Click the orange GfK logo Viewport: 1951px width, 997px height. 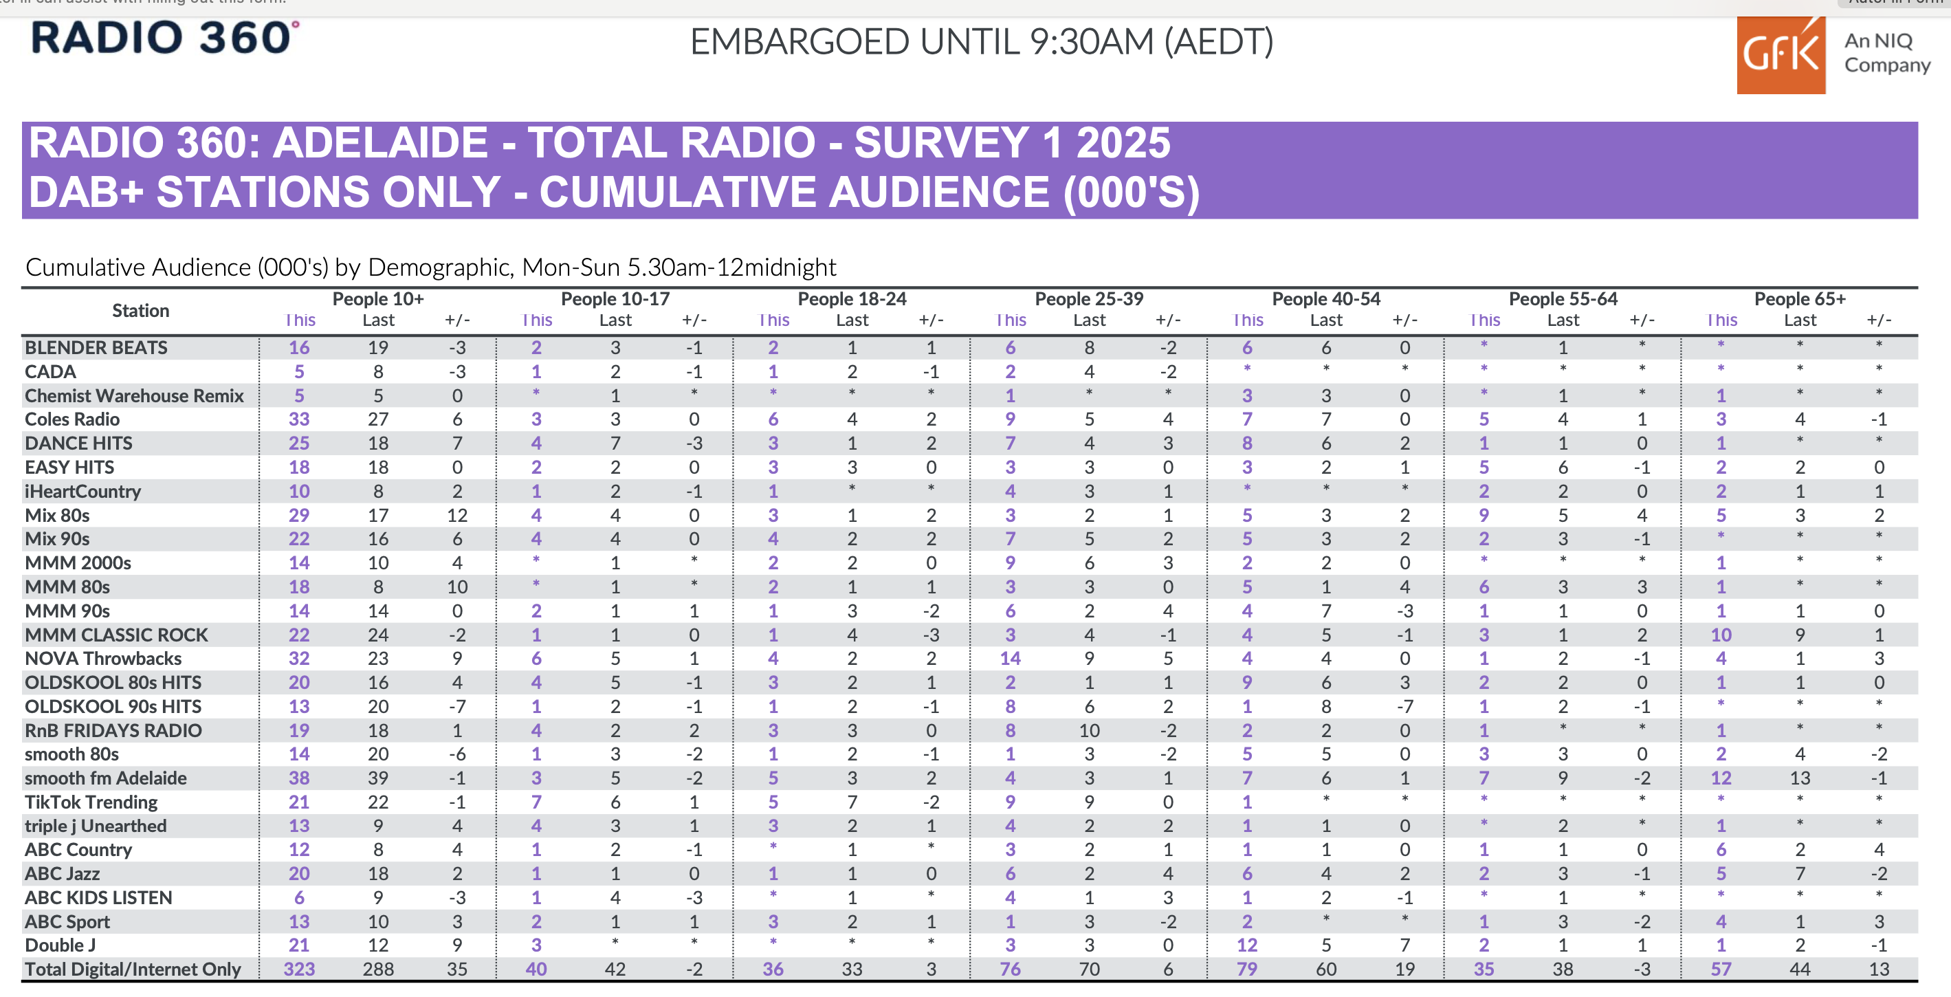(x=1780, y=55)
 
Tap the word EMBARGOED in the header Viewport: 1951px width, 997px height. (x=799, y=43)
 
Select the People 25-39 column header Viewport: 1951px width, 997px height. (x=1088, y=299)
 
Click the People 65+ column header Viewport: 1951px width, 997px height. (x=1800, y=299)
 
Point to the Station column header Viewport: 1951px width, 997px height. (x=140, y=311)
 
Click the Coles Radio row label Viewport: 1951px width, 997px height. (x=72, y=419)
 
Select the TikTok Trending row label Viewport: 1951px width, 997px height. (x=91, y=802)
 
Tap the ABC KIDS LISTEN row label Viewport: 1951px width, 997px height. (x=98, y=898)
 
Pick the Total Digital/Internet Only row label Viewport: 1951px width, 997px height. (x=133, y=969)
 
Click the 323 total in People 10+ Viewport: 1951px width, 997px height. (x=299, y=969)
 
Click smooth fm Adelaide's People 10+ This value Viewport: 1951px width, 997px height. (x=299, y=778)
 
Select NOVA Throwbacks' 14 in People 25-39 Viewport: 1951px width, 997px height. (x=1011, y=658)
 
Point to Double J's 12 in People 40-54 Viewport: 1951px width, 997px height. (x=1246, y=945)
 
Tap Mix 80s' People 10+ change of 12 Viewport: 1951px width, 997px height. (x=456, y=515)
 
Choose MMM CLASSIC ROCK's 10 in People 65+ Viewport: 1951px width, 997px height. (x=1721, y=635)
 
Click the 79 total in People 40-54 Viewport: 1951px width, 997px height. (x=1246, y=969)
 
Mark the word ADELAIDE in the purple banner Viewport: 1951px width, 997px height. (x=380, y=142)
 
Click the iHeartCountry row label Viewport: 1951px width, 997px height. (x=82, y=492)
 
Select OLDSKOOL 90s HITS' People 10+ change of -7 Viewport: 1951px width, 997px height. (x=456, y=707)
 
